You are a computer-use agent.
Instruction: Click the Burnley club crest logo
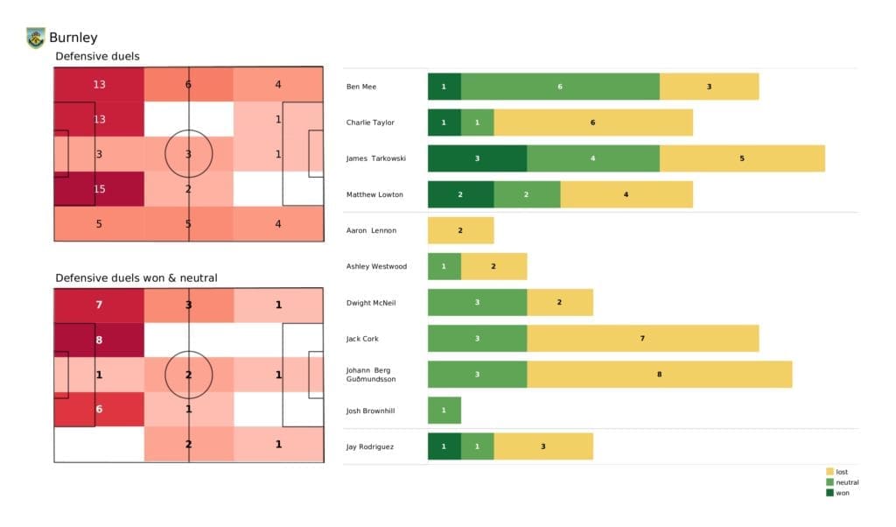click(x=36, y=38)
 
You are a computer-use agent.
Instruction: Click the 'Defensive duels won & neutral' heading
click(x=136, y=278)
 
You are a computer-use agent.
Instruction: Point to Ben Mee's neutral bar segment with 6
click(x=560, y=87)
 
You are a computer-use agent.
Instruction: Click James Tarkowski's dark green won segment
click(x=477, y=158)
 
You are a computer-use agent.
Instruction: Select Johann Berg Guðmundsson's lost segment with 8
click(x=659, y=374)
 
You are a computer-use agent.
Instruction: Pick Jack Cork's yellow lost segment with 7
click(x=642, y=338)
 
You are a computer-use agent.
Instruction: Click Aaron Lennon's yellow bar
click(x=460, y=230)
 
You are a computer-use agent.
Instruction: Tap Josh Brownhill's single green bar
click(x=444, y=410)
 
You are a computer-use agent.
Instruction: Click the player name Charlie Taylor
click(x=372, y=123)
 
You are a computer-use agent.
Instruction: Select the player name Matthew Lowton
click(x=374, y=194)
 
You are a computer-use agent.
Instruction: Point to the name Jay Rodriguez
click(x=371, y=446)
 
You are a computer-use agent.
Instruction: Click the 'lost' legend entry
click(x=841, y=472)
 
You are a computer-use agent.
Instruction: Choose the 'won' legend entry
click(x=841, y=493)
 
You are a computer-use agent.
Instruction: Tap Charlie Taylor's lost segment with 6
click(x=592, y=123)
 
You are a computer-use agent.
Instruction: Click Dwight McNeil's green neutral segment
click(x=477, y=302)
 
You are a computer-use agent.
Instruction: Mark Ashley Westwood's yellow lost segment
click(x=493, y=266)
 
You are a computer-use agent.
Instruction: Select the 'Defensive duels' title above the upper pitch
click(x=97, y=56)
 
